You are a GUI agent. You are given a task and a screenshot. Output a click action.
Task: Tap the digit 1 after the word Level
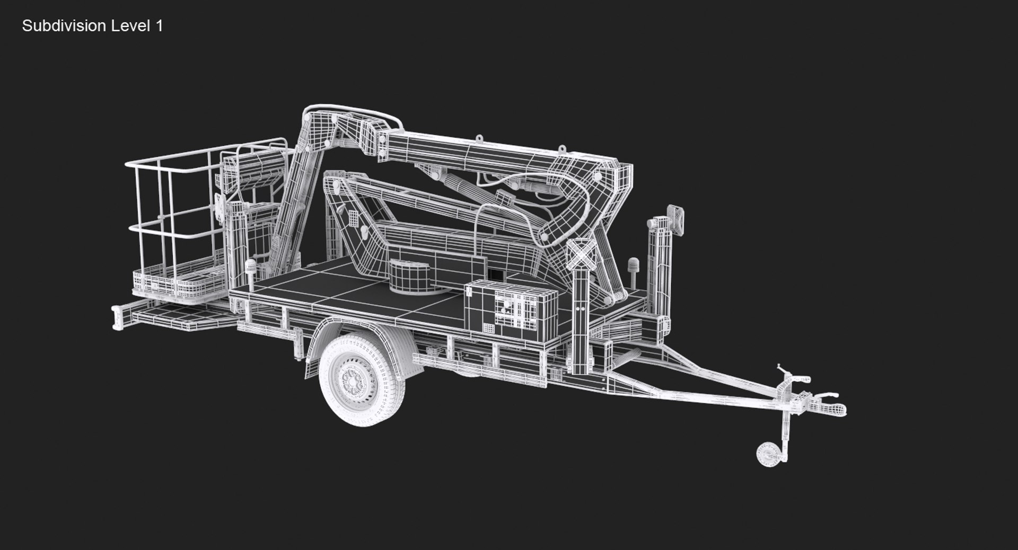click(x=159, y=26)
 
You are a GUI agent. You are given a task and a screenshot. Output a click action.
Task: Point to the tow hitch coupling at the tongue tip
click(x=835, y=409)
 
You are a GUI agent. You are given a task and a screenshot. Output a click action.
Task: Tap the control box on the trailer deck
click(x=511, y=310)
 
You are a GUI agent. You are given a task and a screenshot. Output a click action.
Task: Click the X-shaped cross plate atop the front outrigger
click(x=582, y=254)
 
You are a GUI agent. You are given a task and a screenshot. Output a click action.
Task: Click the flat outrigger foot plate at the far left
click(x=118, y=318)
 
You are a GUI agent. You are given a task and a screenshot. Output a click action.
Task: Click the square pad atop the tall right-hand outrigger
click(x=676, y=219)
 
